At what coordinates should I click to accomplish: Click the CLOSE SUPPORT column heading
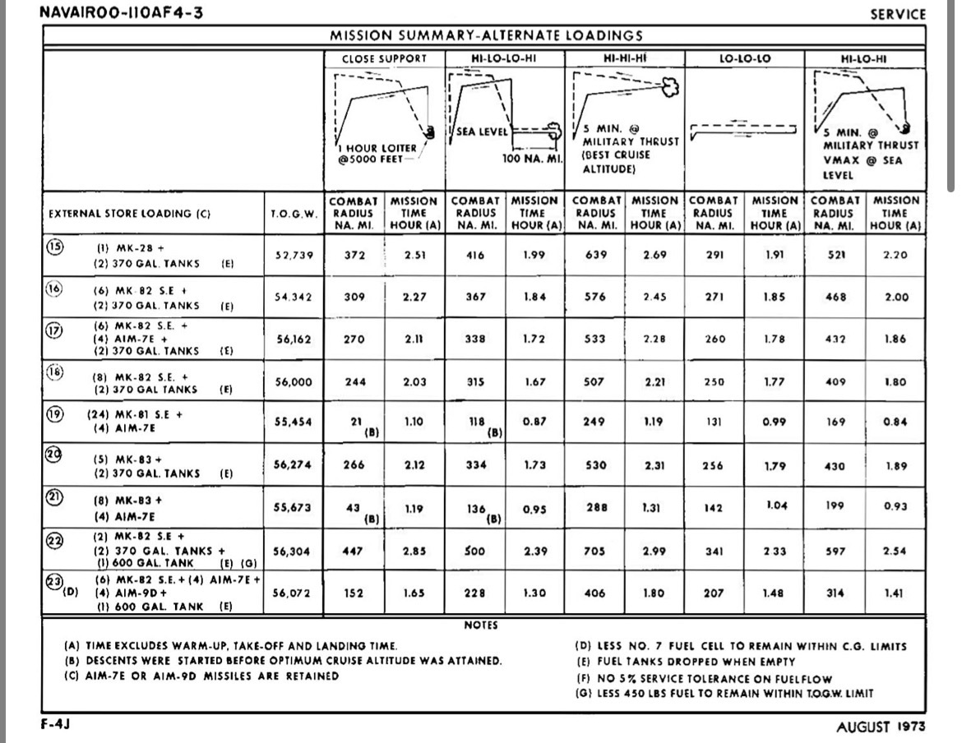click(384, 58)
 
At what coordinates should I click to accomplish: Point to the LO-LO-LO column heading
click(744, 58)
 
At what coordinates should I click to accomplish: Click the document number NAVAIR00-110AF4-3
click(121, 14)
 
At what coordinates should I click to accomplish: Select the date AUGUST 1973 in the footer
click(881, 727)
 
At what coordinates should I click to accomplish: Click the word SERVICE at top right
click(898, 15)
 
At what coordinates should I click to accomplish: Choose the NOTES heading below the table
click(481, 625)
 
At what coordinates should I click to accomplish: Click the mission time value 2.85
click(414, 551)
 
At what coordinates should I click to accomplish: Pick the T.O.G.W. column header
click(294, 213)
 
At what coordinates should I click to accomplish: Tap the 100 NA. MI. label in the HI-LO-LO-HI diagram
click(531, 158)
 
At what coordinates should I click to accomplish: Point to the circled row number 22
click(53, 540)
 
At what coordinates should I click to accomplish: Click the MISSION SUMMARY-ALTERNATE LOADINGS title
click(486, 35)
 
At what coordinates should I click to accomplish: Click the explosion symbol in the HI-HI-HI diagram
click(669, 87)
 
